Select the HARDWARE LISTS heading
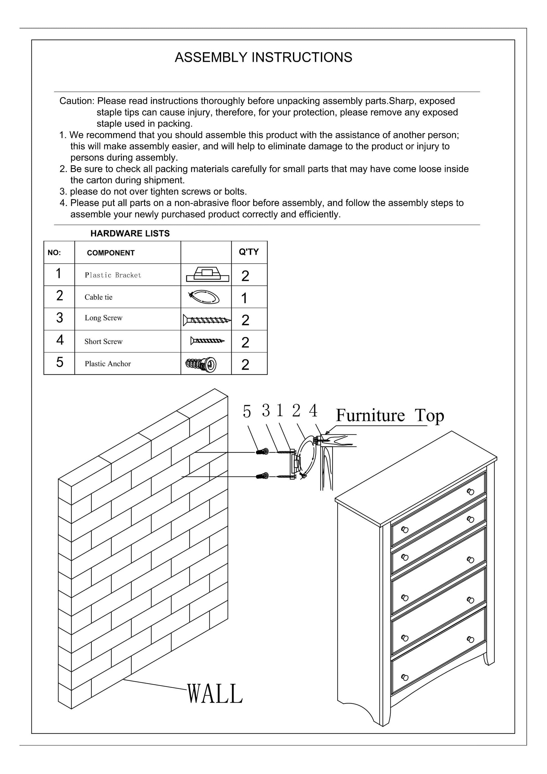pyautogui.click(x=130, y=233)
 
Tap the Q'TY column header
pyautogui.click(x=249, y=252)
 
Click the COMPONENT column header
pyautogui.click(x=110, y=253)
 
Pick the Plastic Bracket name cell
pyautogui.click(x=113, y=275)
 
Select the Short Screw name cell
pyautogui.click(x=103, y=342)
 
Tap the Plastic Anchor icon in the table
pyautogui.click(x=201, y=364)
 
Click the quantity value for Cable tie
pyautogui.click(x=244, y=298)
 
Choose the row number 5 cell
pyautogui.click(x=60, y=362)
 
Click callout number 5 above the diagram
pyautogui.click(x=247, y=412)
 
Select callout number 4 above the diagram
pyautogui.click(x=313, y=410)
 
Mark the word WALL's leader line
pyautogui.click(x=155, y=685)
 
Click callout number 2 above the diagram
pyautogui.click(x=296, y=410)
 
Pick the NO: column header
pyautogui.click(x=54, y=253)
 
